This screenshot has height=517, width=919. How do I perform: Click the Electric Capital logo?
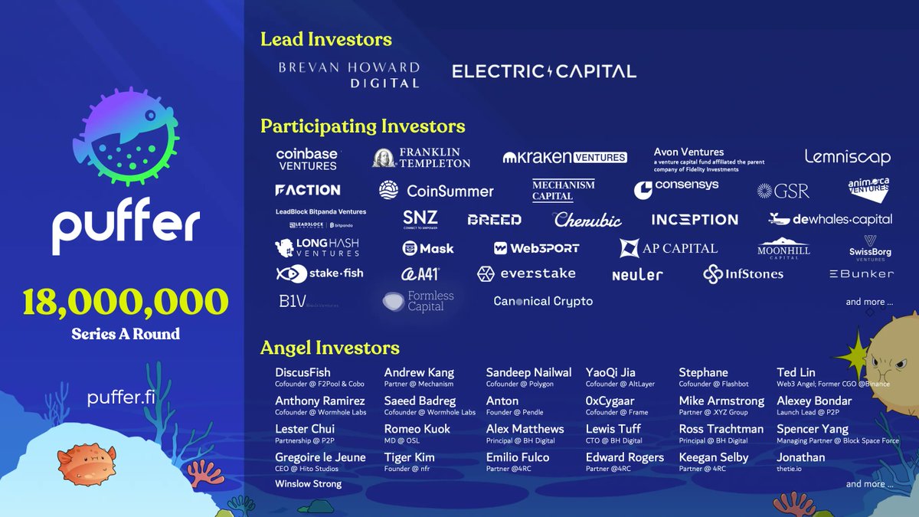click(x=544, y=72)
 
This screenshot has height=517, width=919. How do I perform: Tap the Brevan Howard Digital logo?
click(x=348, y=74)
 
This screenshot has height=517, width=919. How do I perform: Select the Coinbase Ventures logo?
click(x=307, y=159)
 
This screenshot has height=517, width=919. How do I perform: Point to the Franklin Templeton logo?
click(x=421, y=158)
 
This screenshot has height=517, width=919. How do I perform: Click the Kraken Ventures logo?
click(x=564, y=158)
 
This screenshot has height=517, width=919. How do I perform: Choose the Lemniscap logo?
click(x=847, y=157)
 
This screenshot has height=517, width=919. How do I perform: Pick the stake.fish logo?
click(x=319, y=273)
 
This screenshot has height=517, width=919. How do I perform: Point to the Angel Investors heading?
click(x=329, y=348)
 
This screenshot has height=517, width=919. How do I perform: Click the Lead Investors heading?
click(x=325, y=39)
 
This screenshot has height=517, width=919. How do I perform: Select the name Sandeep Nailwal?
click(x=528, y=372)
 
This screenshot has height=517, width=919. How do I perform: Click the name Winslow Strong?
click(x=308, y=484)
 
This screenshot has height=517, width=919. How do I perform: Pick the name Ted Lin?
click(x=796, y=372)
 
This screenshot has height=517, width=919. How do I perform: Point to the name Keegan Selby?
click(x=713, y=457)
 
